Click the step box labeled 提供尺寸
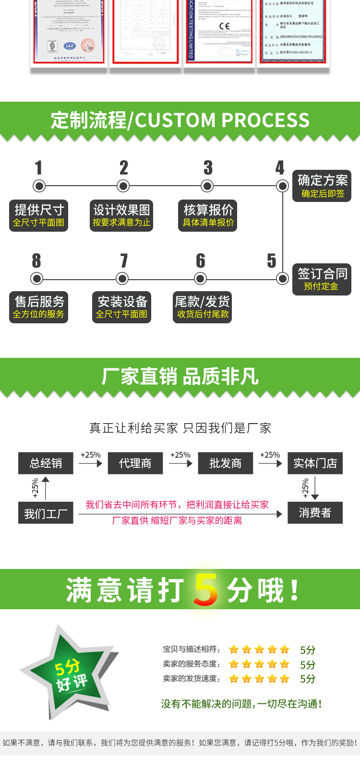click(x=38, y=216)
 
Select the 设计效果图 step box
click(x=121, y=216)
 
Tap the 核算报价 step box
click(x=208, y=216)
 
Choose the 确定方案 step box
click(x=322, y=186)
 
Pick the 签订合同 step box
click(x=322, y=279)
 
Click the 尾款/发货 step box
click(x=202, y=307)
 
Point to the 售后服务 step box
click(x=38, y=307)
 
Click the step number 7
click(x=124, y=261)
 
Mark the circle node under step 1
click(x=39, y=186)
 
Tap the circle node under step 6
click(x=201, y=278)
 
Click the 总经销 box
click(x=46, y=463)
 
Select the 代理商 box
click(x=135, y=463)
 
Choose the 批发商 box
click(x=225, y=463)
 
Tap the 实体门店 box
click(x=315, y=463)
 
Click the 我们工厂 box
click(x=46, y=514)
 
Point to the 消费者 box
click(x=315, y=513)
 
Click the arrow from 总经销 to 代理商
click(x=91, y=463)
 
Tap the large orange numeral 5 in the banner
click(x=206, y=590)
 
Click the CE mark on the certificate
click(x=224, y=26)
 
